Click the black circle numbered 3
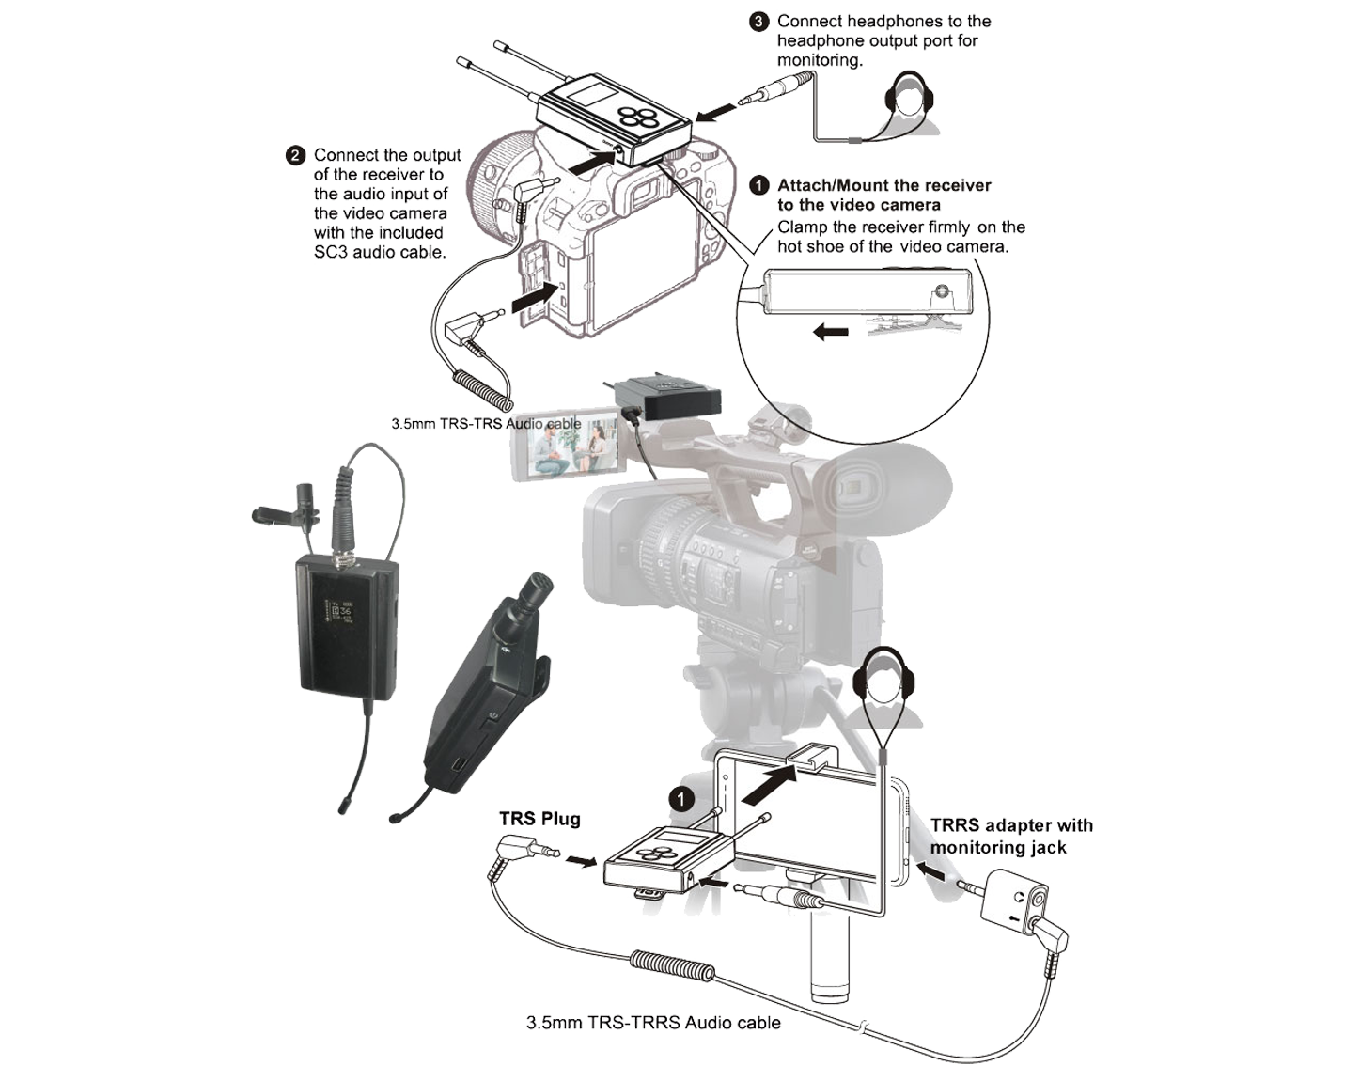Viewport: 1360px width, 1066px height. coord(758,22)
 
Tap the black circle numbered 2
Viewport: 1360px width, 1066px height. coord(295,155)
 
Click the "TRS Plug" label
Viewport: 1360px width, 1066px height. coord(539,819)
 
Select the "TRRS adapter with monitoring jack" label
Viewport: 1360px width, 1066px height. coord(1011,837)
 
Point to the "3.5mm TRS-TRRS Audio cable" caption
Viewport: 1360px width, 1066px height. coord(653,1022)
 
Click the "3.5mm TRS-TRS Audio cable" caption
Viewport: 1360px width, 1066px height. coord(486,424)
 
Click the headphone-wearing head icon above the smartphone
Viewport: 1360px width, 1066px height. coord(885,687)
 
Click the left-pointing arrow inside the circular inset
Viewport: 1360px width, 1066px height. coord(831,332)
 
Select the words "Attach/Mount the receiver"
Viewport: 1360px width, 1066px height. coord(884,185)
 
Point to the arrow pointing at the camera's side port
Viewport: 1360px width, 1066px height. coord(535,297)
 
